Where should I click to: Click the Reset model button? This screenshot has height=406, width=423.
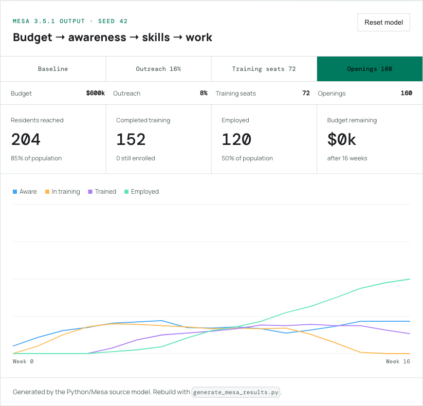tap(383, 23)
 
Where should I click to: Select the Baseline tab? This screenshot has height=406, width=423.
tap(53, 69)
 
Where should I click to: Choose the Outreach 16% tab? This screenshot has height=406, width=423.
tap(158, 69)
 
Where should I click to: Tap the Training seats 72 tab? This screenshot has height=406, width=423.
tap(264, 69)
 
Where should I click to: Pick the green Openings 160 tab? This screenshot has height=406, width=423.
tap(370, 69)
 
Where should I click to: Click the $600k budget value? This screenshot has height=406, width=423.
tap(95, 93)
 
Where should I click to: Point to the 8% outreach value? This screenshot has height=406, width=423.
tap(204, 93)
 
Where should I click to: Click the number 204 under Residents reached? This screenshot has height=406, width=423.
tap(26, 139)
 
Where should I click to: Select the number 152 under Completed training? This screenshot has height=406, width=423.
tap(131, 139)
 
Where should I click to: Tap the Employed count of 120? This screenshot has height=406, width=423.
tap(236, 139)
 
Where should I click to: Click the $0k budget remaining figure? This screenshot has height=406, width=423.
tap(342, 139)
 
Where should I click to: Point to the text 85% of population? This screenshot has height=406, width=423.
tap(36, 158)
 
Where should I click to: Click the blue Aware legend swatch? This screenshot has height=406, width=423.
tap(15, 192)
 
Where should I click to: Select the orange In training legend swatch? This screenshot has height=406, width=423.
tap(47, 192)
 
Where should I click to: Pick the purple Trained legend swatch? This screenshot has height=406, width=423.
tap(90, 192)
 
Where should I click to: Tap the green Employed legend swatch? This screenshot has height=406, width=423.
tap(126, 192)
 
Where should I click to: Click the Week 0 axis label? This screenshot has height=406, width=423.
tap(23, 361)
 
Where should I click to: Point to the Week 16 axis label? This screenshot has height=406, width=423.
tap(398, 361)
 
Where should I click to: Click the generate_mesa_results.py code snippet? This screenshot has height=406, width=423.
tap(236, 392)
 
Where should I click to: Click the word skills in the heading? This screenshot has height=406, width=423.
tap(156, 37)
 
